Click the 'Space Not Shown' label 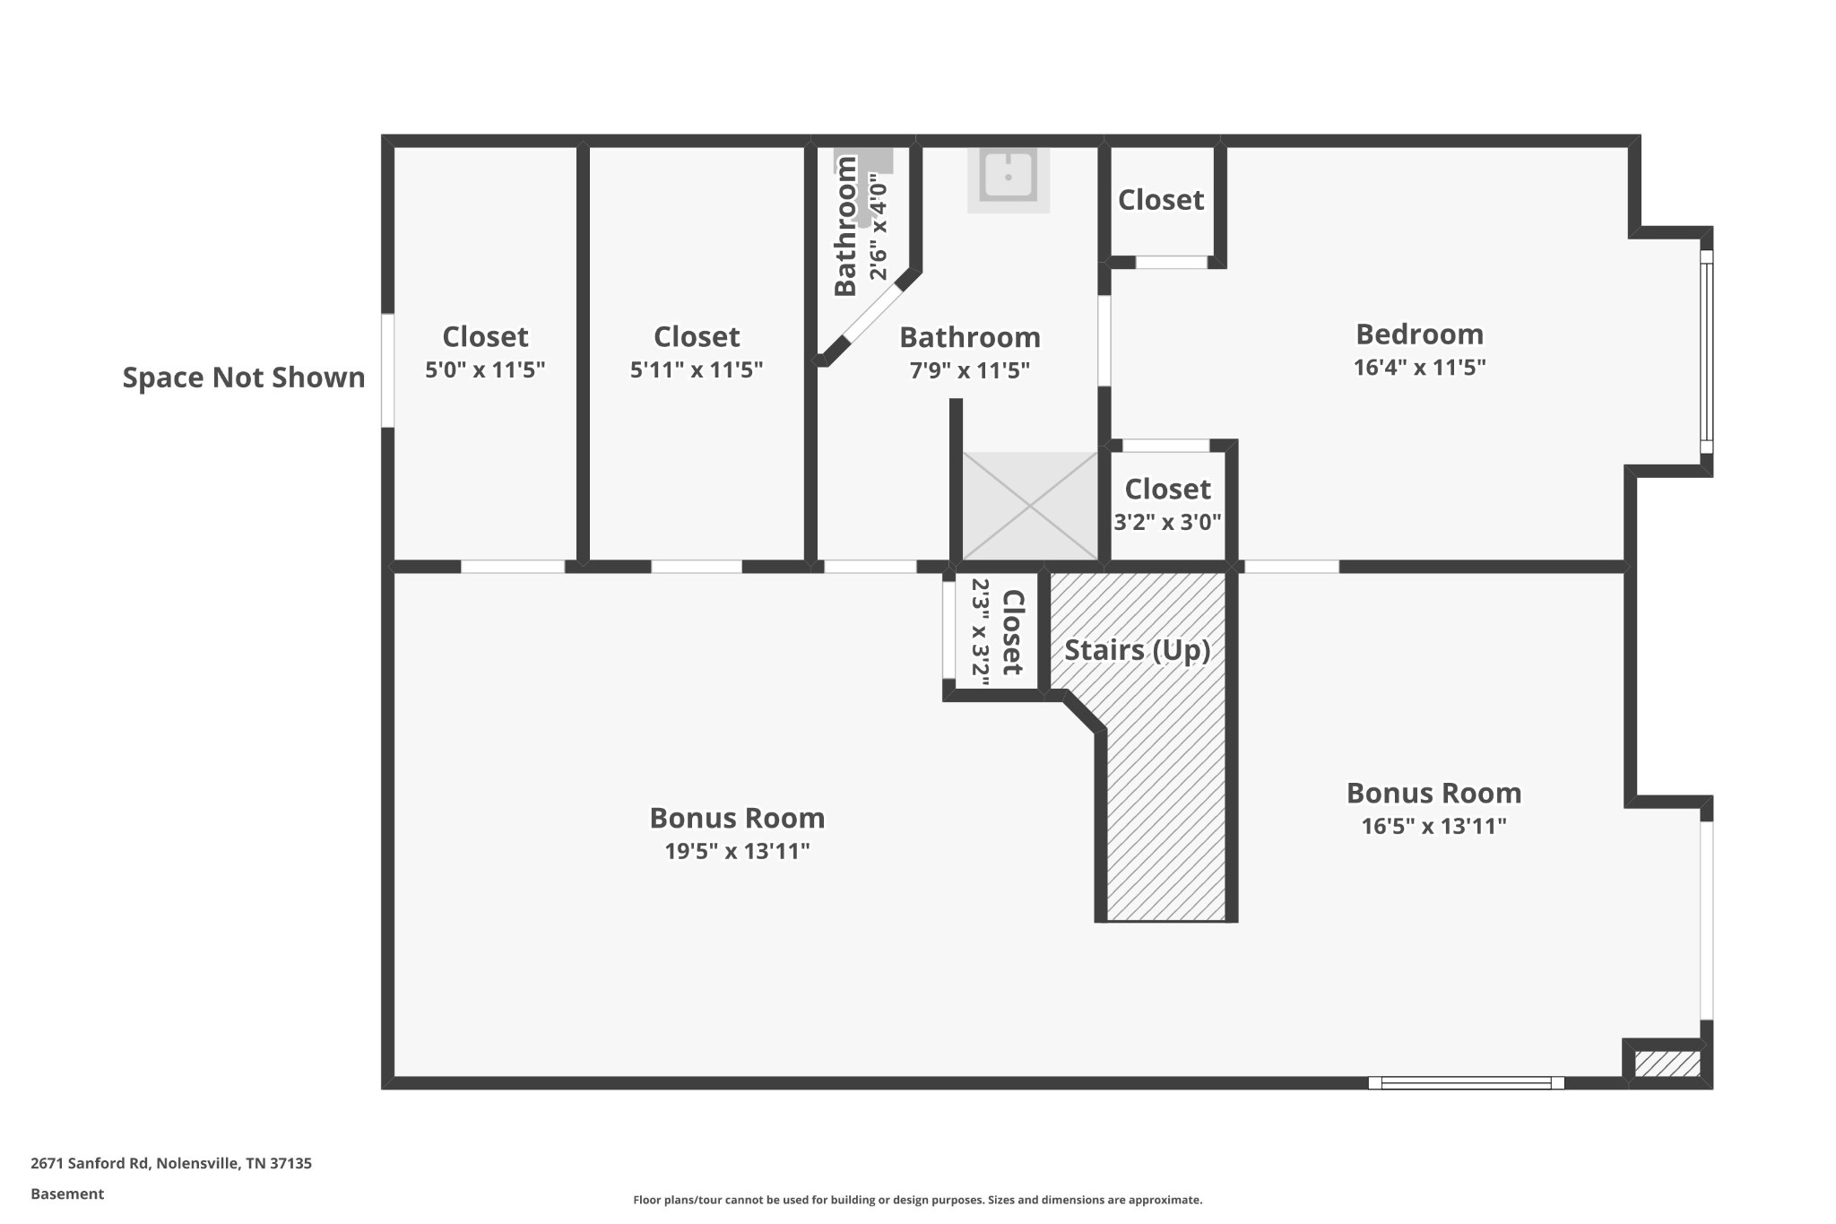click(x=244, y=378)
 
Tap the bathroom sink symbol click(x=1009, y=178)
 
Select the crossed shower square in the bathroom click(x=1030, y=506)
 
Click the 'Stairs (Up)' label click(x=1137, y=650)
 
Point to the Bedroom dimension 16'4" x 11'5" click(x=1419, y=367)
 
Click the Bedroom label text click(x=1419, y=334)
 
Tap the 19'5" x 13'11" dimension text click(x=737, y=851)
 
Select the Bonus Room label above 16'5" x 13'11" click(x=1433, y=793)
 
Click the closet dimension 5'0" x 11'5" click(x=485, y=369)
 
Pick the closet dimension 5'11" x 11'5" click(x=697, y=369)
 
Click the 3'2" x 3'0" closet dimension click(x=1167, y=522)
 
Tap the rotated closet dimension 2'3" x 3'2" click(x=981, y=632)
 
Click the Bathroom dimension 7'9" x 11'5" click(x=970, y=370)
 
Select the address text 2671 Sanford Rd click(x=90, y=1163)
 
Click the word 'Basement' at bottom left click(x=67, y=1194)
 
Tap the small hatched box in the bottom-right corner click(x=1667, y=1064)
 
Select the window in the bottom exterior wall click(x=1467, y=1083)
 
